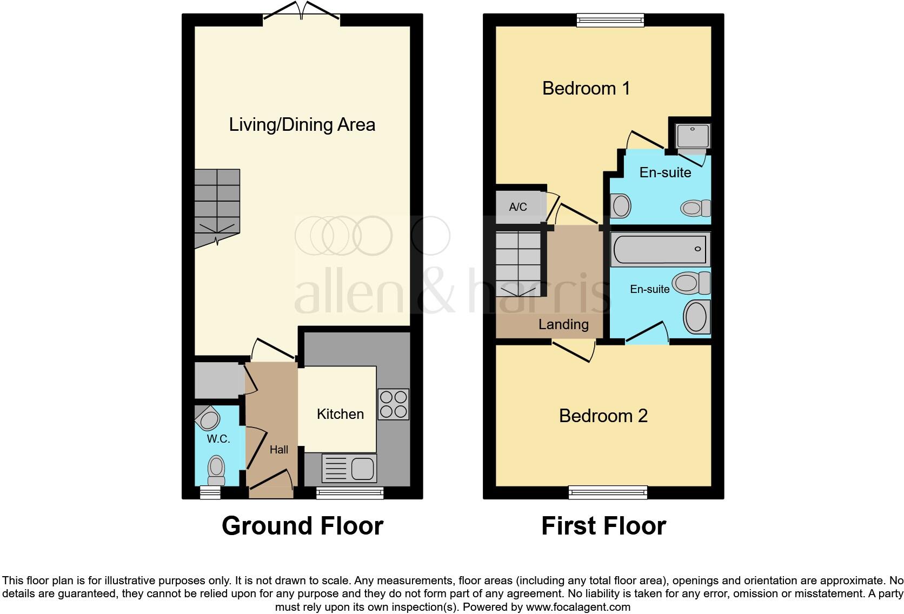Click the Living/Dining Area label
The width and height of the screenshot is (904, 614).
pyautogui.click(x=302, y=125)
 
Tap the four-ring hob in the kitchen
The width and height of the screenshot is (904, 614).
pyautogui.click(x=393, y=404)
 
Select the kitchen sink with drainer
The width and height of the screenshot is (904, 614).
pyautogui.click(x=349, y=468)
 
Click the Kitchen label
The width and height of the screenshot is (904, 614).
pyautogui.click(x=340, y=414)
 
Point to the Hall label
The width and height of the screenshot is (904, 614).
pyautogui.click(x=279, y=450)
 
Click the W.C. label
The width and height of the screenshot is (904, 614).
pyautogui.click(x=218, y=439)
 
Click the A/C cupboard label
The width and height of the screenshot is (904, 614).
pyautogui.click(x=518, y=207)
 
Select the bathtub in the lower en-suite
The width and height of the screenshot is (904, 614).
pyautogui.click(x=660, y=249)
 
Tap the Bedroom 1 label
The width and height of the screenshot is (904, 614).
pyautogui.click(x=586, y=88)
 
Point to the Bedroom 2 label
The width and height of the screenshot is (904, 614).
pyautogui.click(x=603, y=416)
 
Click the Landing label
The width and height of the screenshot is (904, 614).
pyautogui.click(x=563, y=324)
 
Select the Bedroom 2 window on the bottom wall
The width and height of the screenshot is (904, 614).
pyautogui.click(x=608, y=492)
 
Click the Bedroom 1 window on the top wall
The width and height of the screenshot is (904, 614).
pyautogui.click(x=610, y=21)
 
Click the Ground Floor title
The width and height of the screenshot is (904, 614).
pyautogui.click(x=302, y=526)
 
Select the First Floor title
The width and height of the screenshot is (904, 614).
pyautogui.click(x=603, y=526)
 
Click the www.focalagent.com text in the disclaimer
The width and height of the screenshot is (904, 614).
pyautogui.click(x=578, y=607)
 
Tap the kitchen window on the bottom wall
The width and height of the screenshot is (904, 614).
pyautogui.click(x=350, y=492)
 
